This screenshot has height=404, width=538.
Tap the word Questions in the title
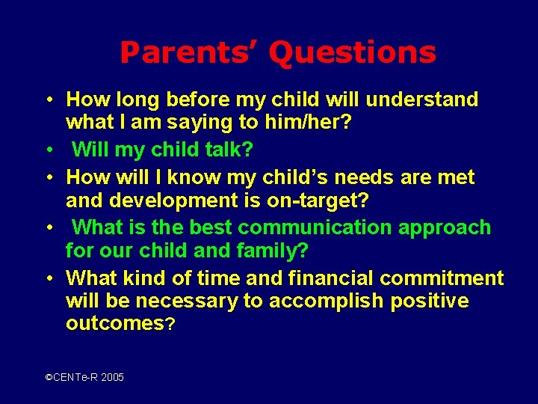click(352, 53)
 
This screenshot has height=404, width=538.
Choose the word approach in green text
click(445, 227)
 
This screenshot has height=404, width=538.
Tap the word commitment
click(442, 278)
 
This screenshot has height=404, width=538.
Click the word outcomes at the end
click(114, 324)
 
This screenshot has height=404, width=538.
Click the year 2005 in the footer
click(112, 378)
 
